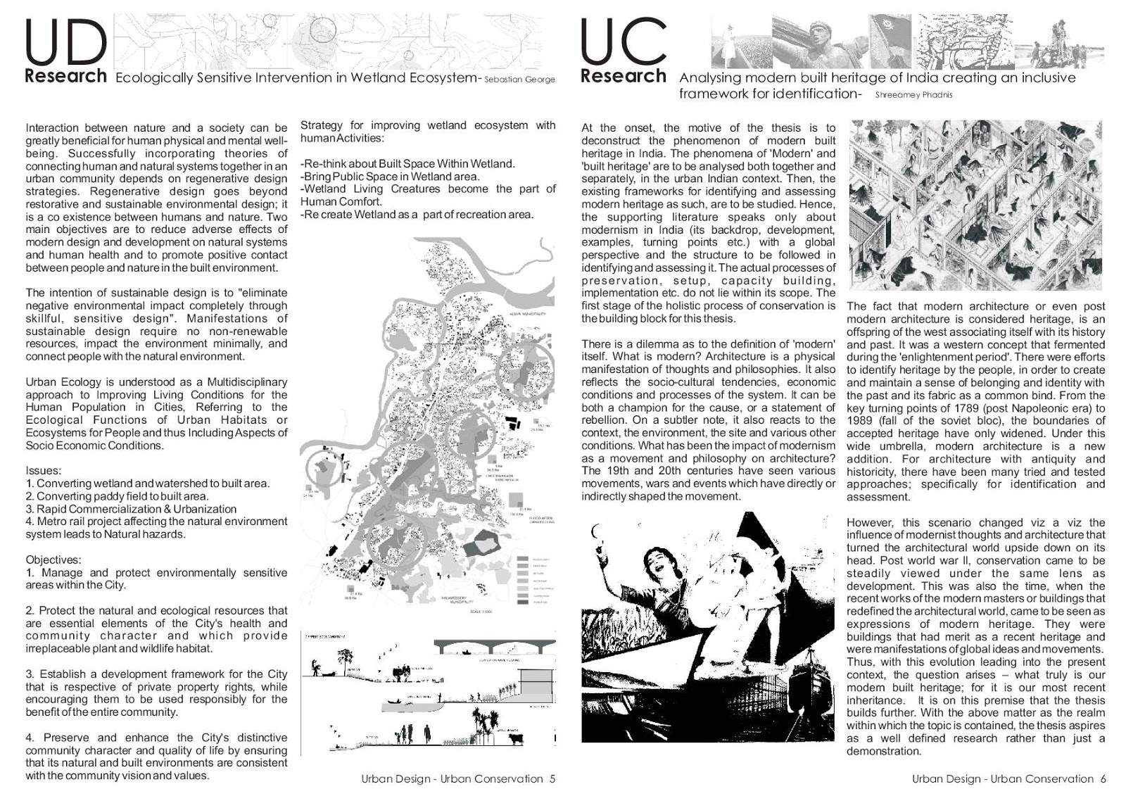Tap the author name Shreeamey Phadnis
tap(913, 94)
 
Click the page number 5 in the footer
tap(552, 779)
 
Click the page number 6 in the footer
tap(1103, 779)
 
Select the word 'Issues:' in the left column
tap(43, 471)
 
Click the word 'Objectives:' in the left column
tap(53, 560)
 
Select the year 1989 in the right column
tap(860, 421)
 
